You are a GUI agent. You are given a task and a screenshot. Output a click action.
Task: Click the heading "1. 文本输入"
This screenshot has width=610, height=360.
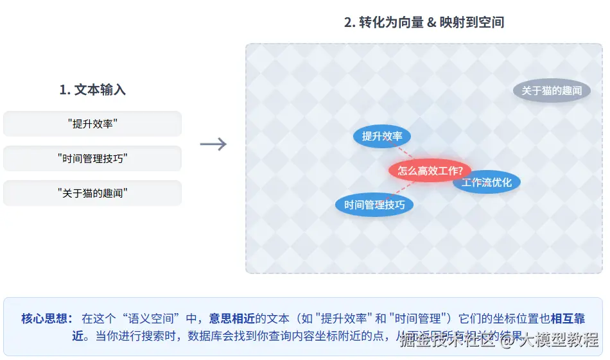pos(92,90)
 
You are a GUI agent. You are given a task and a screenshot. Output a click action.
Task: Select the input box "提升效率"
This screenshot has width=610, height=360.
pos(92,124)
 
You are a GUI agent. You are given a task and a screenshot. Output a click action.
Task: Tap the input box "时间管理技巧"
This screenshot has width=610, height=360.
pos(92,159)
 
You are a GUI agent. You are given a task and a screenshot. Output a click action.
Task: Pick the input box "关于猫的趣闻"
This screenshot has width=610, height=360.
pos(92,193)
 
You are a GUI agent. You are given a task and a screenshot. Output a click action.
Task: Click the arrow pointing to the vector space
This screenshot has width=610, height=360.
pos(213,144)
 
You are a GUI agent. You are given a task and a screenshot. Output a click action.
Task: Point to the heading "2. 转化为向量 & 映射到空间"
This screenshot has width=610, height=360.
pos(424,22)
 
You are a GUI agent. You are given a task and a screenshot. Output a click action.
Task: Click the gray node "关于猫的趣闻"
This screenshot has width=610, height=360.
pos(551,90)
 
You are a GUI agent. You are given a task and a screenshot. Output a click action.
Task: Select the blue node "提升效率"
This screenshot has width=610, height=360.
pos(382,136)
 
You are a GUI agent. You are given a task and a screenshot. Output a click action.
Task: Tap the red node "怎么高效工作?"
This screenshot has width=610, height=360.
pos(430,171)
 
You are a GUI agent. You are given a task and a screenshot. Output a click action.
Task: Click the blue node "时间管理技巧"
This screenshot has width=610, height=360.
pos(374,205)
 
